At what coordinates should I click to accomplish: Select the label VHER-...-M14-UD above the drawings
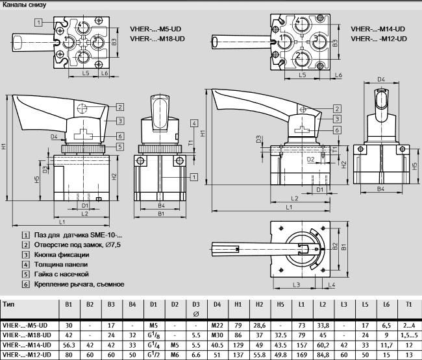coord(378,29)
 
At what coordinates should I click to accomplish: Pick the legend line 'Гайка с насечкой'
coord(64,274)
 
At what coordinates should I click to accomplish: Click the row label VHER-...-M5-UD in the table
coord(25,325)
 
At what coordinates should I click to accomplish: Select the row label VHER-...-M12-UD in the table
coord(27,355)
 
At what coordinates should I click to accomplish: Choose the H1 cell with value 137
coord(238,355)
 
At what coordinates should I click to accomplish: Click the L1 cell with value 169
coord(302,355)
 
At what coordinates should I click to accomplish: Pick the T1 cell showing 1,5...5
coord(408,335)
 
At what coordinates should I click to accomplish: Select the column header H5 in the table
coord(280,304)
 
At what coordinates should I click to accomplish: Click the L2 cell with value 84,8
coord(323,355)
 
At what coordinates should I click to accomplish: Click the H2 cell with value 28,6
coord(259,325)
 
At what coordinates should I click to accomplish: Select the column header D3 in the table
coord(196,304)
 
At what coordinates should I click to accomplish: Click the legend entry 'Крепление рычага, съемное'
coord(78,284)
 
